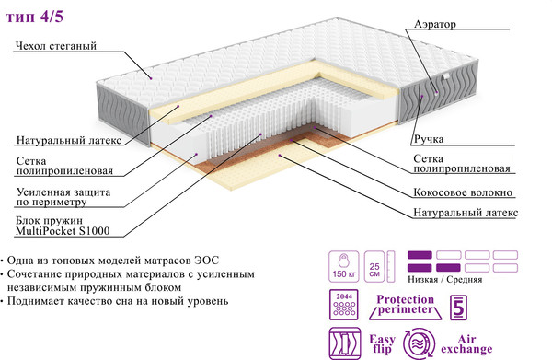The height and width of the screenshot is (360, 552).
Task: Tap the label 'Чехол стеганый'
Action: (56, 46)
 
